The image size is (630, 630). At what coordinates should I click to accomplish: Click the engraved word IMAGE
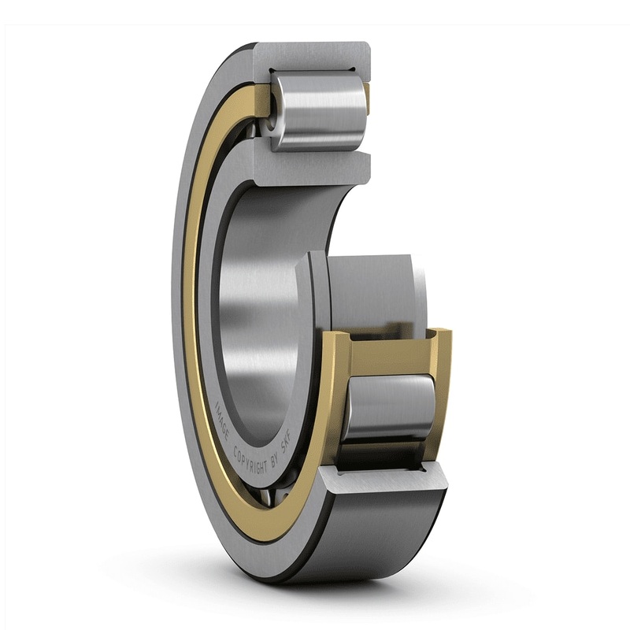click(222, 421)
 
